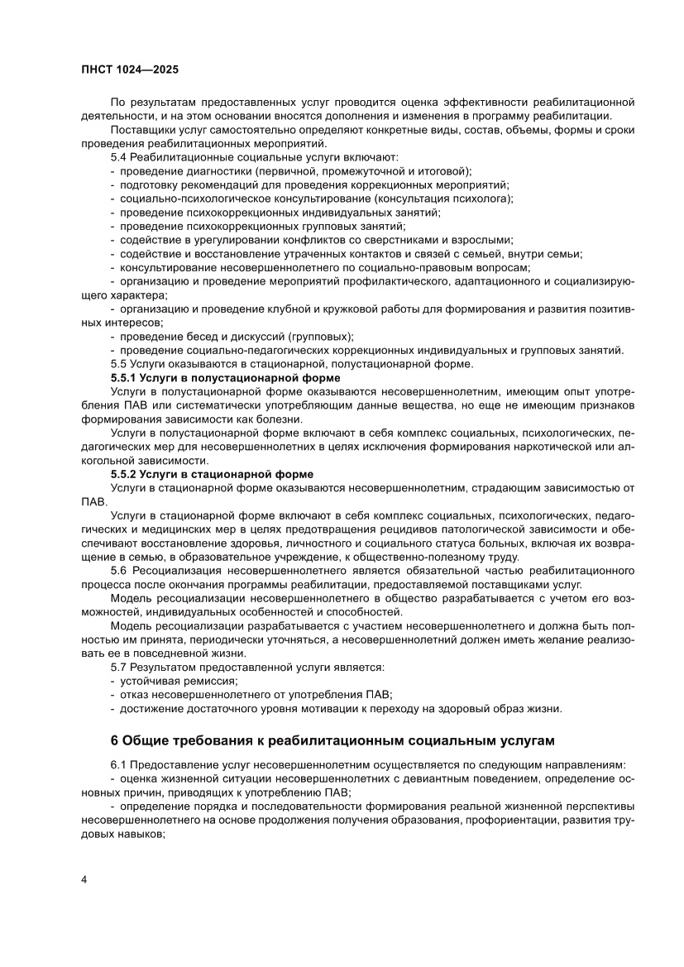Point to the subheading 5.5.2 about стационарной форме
coord(212,474)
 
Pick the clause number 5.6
coord(118,571)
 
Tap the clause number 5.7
coord(118,667)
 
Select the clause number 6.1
coord(118,764)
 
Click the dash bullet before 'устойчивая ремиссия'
coord(112,681)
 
